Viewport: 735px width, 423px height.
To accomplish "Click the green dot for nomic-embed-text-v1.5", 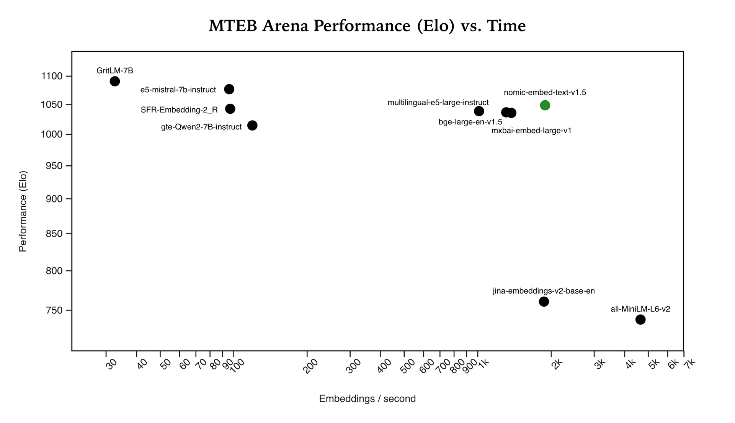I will pyautogui.click(x=545, y=105).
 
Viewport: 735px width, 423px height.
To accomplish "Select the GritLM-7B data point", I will pyautogui.click(x=115, y=81).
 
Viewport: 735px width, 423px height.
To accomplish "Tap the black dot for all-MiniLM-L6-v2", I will pyautogui.click(x=640, y=320).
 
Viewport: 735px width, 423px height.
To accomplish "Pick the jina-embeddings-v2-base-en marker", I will pyautogui.click(x=544, y=302).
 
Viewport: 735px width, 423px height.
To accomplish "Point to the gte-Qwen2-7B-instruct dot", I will pyautogui.click(x=252, y=126).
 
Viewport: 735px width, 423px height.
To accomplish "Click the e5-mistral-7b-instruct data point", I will pyautogui.click(x=229, y=89).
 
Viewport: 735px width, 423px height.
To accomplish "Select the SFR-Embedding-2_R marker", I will pyautogui.click(x=230, y=109).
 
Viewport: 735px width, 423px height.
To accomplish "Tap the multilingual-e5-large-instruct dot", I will pyautogui.click(x=479, y=111).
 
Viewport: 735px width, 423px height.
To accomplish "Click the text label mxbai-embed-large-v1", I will pyautogui.click(x=531, y=131).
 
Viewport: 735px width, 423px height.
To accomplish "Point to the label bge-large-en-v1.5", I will pyautogui.click(x=470, y=122).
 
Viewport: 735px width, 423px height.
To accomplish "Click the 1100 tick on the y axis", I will pyautogui.click(x=51, y=76).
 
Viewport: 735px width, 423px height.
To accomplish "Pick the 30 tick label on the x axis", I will pyautogui.click(x=111, y=365).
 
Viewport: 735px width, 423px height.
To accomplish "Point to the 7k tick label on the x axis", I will pyautogui.click(x=689, y=364).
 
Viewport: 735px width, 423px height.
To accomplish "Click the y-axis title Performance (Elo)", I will pyautogui.click(x=23, y=211).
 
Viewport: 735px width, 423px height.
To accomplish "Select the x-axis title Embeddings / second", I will pyautogui.click(x=367, y=399).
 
